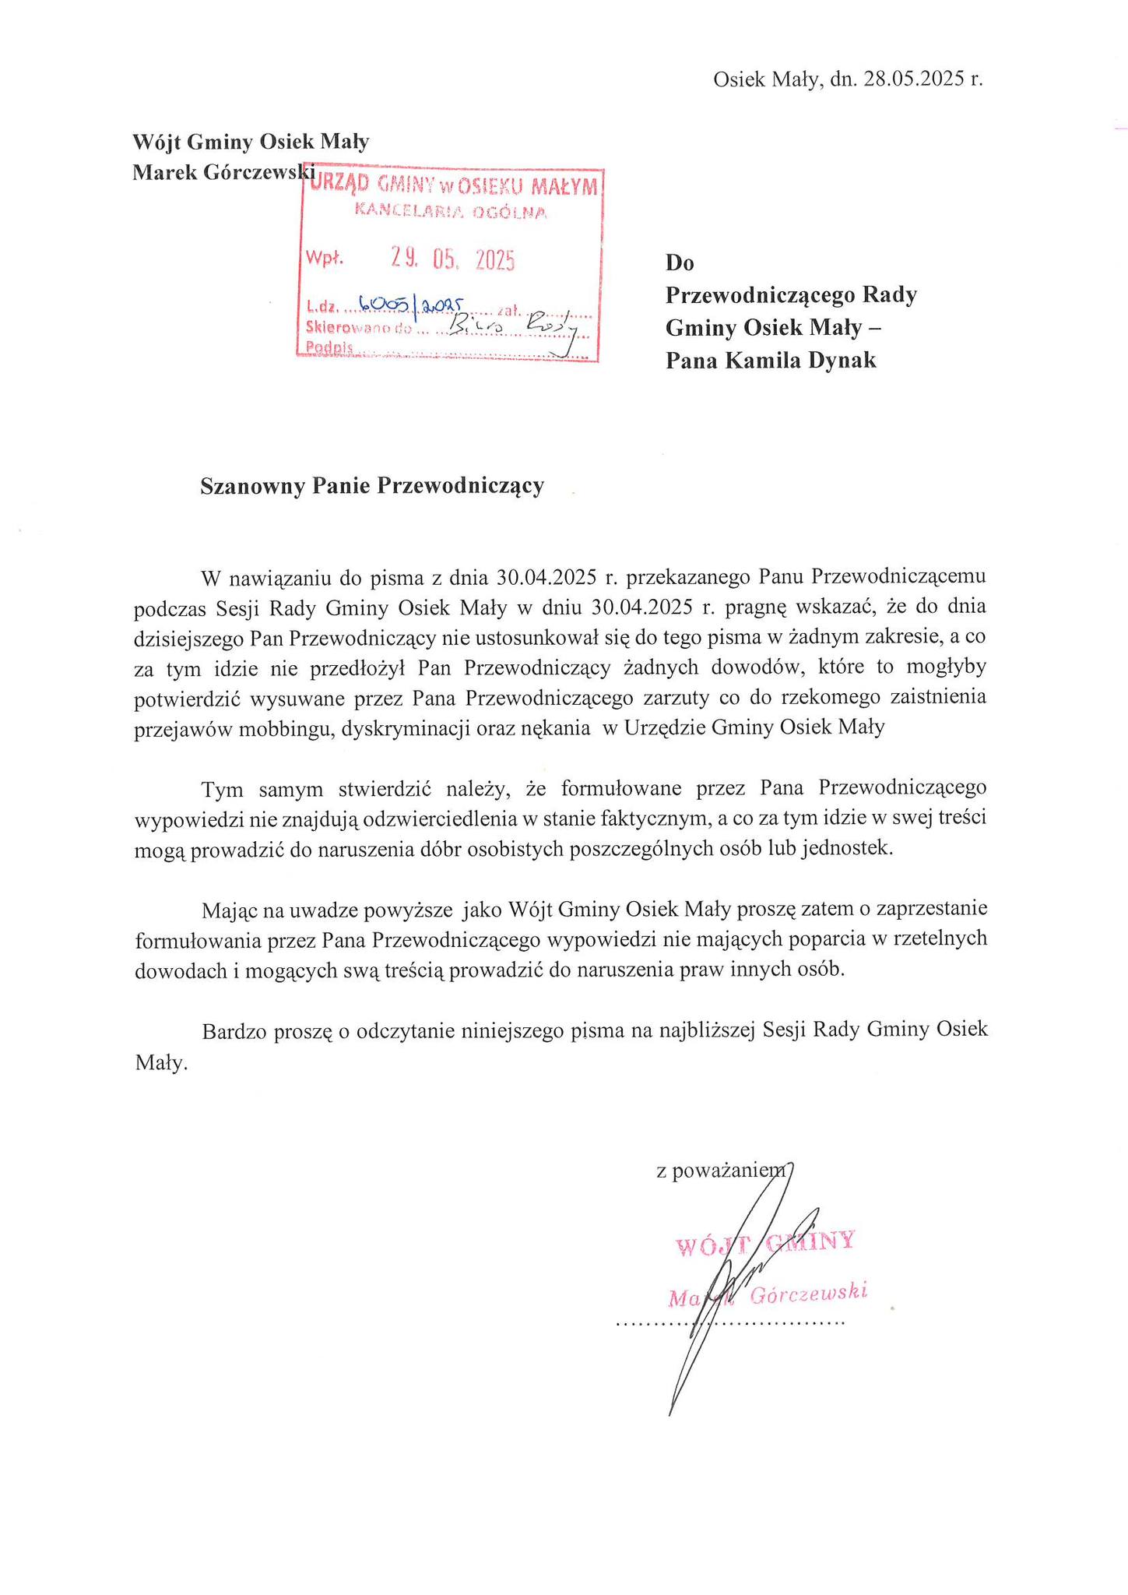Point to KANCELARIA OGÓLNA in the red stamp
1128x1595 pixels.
(451, 211)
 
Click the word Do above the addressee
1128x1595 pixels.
(679, 263)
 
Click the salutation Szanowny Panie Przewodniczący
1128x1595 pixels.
(372, 486)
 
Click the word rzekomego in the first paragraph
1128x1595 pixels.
(853, 698)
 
